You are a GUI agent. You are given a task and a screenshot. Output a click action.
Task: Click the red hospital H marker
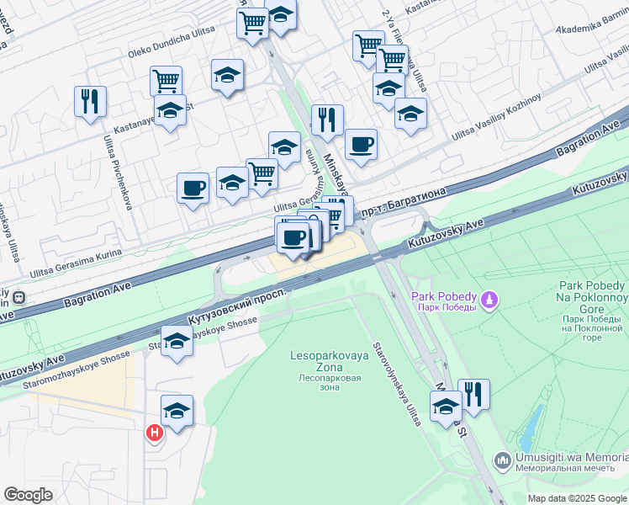click(x=155, y=433)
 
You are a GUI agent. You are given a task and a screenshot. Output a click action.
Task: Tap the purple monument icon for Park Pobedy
click(x=489, y=299)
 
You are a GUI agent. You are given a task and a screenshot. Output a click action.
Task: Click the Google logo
click(x=28, y=494)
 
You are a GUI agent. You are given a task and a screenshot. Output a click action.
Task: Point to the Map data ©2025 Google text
click(x=577, y=498)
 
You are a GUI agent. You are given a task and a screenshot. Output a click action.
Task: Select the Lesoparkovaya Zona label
click(x=330, y=357)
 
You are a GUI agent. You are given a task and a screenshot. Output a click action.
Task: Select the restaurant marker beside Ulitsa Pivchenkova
click(x=88, y=101)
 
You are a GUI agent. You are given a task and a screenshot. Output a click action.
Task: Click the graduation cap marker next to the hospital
click(x=177, y=411)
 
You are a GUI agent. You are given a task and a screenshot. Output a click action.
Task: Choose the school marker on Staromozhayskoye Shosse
click(x=177, y=343)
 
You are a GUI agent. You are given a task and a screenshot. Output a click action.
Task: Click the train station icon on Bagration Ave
click(x=17, y=298)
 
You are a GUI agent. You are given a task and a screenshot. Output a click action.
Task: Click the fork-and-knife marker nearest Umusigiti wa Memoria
click(x=474, y=395)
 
